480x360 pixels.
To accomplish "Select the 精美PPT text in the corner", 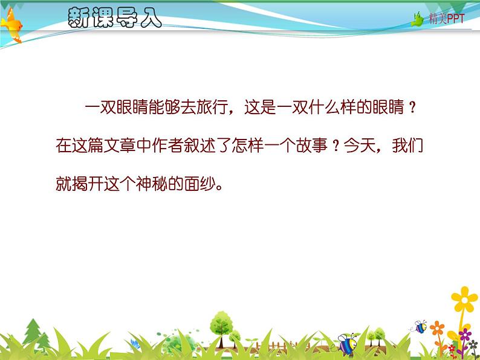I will pyautogui.click(x=447, y=19).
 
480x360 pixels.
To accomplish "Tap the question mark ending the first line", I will pyautogui.click(x=412, y=109).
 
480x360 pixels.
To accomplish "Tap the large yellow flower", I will pyautogui.click(x=464, y=298).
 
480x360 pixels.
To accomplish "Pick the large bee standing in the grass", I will pyautogui.click(x=348, y=343).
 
